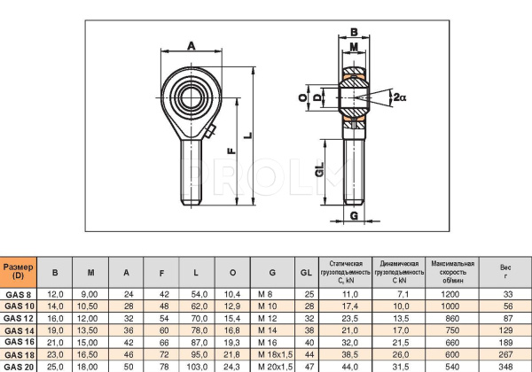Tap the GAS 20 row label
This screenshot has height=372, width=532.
[18, 365]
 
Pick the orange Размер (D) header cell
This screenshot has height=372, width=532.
[18, 271]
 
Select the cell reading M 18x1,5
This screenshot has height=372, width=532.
[274, 353]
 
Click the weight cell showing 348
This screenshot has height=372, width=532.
[505, 365]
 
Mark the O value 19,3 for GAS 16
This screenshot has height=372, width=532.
[232, 340]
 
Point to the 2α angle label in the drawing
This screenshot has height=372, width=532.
[399, 97]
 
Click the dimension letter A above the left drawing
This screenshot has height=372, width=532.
[192, 46]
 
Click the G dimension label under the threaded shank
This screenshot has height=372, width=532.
[354, 215]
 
